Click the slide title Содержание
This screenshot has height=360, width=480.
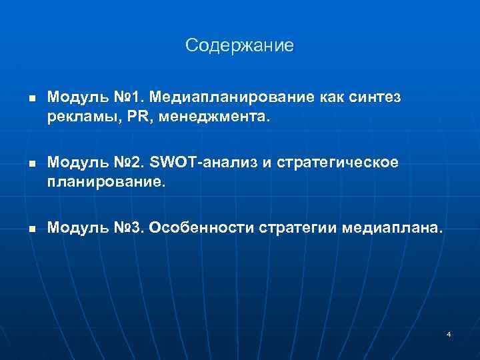click(239, 45)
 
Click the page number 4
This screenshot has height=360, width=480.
click(449, 333)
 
